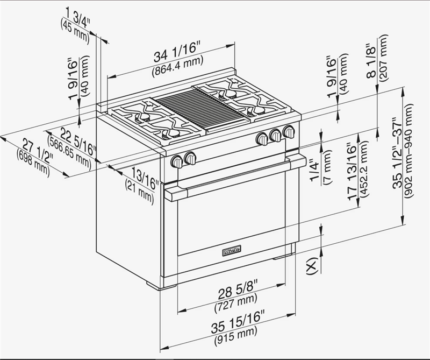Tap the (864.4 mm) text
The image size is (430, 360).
pyautogui.click(x=176, y=69)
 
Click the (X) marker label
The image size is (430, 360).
pyautogui.click(x=311, y=266)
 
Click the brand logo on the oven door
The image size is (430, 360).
pyautogui.click(x=232, y=251)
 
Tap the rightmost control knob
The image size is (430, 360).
pyautogui.click(x=289, y=131)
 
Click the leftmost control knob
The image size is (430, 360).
pyautogui.click(x=177, y=161)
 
